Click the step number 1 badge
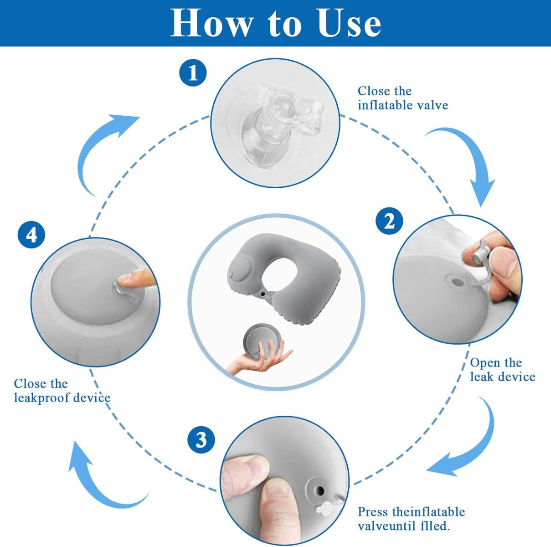[193, 73]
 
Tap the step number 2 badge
[389, 221]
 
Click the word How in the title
[211, 23]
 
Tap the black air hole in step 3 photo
[320, 491]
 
